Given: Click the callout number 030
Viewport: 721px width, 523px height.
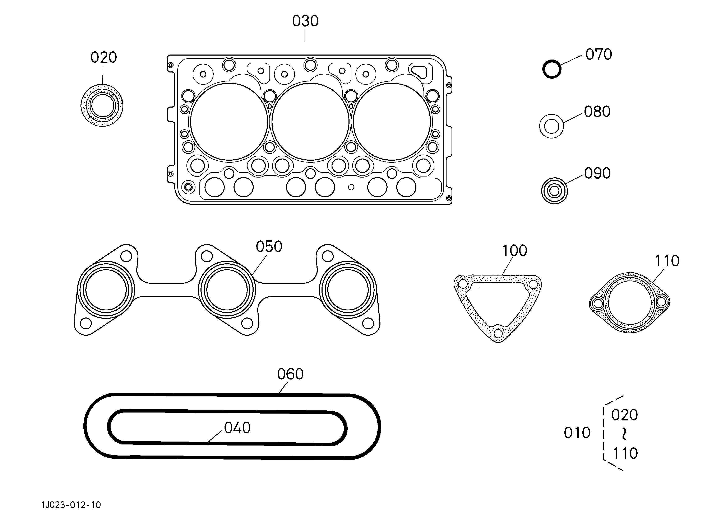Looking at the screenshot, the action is coord(305,21).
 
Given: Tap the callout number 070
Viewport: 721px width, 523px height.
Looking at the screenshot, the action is coord(599,55).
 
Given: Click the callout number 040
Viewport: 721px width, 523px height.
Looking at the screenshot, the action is coord(237,428).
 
